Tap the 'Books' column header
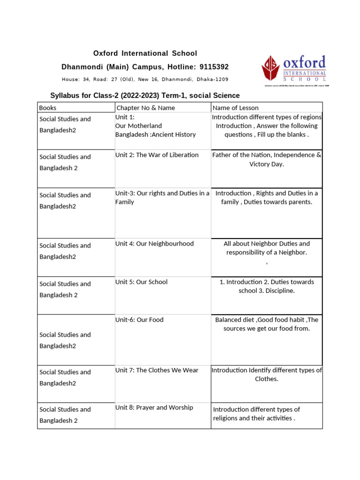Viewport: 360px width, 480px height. click(x=48, y=108)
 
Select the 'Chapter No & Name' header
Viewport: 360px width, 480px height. click(x=145, y=108)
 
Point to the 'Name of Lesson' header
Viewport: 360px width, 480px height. click(x=235, y=108)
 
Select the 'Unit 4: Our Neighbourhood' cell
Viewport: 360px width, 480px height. click(x=154, y=244)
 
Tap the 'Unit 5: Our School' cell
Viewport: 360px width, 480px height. click(x=141, y=282)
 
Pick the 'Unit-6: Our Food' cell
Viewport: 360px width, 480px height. click(x=139, y=320)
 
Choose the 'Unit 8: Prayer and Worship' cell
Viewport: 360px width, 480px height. click(x=154, y=407)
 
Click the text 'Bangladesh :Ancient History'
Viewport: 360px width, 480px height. click(x=155, y=135)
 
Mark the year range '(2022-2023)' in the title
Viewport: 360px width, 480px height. click(x=140, y=95)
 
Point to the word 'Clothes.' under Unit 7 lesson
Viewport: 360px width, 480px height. click(x=266, y=379)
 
